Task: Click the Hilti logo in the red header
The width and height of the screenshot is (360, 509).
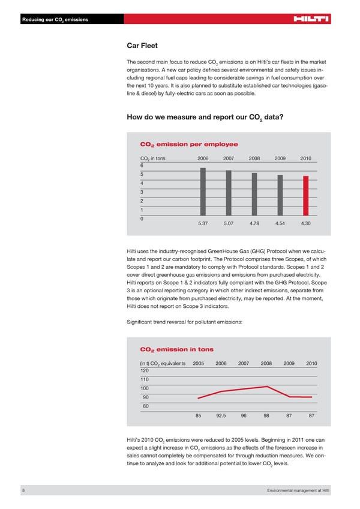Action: [x=311, y=20]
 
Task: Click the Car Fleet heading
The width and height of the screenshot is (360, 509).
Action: [x=142, y=44]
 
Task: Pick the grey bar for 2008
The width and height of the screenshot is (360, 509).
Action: [x=254, y=194]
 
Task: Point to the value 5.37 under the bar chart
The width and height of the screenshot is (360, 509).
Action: [x=203, y=223]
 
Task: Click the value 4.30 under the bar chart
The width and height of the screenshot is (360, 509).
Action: [x=305, y=223]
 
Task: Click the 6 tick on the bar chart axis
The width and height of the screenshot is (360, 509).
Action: [x=142, y=165]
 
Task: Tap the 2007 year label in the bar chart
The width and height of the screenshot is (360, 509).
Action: [x=228, y=158]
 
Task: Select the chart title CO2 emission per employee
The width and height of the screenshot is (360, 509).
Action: [x=188, y=144]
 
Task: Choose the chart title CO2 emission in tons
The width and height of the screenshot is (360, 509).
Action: [x=176, y=349]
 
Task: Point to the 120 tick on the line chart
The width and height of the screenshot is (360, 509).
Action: [x=144, y=370]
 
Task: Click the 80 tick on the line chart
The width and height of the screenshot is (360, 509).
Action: [x=145, y=406]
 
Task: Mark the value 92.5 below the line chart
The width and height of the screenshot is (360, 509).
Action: [x=221, y=415]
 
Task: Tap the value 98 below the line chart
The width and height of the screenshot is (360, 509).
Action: [x=266, y=415]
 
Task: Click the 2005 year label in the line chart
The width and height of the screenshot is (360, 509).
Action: [x=198, y=363]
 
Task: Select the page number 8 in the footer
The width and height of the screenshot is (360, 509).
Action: [x=23, y=491]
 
